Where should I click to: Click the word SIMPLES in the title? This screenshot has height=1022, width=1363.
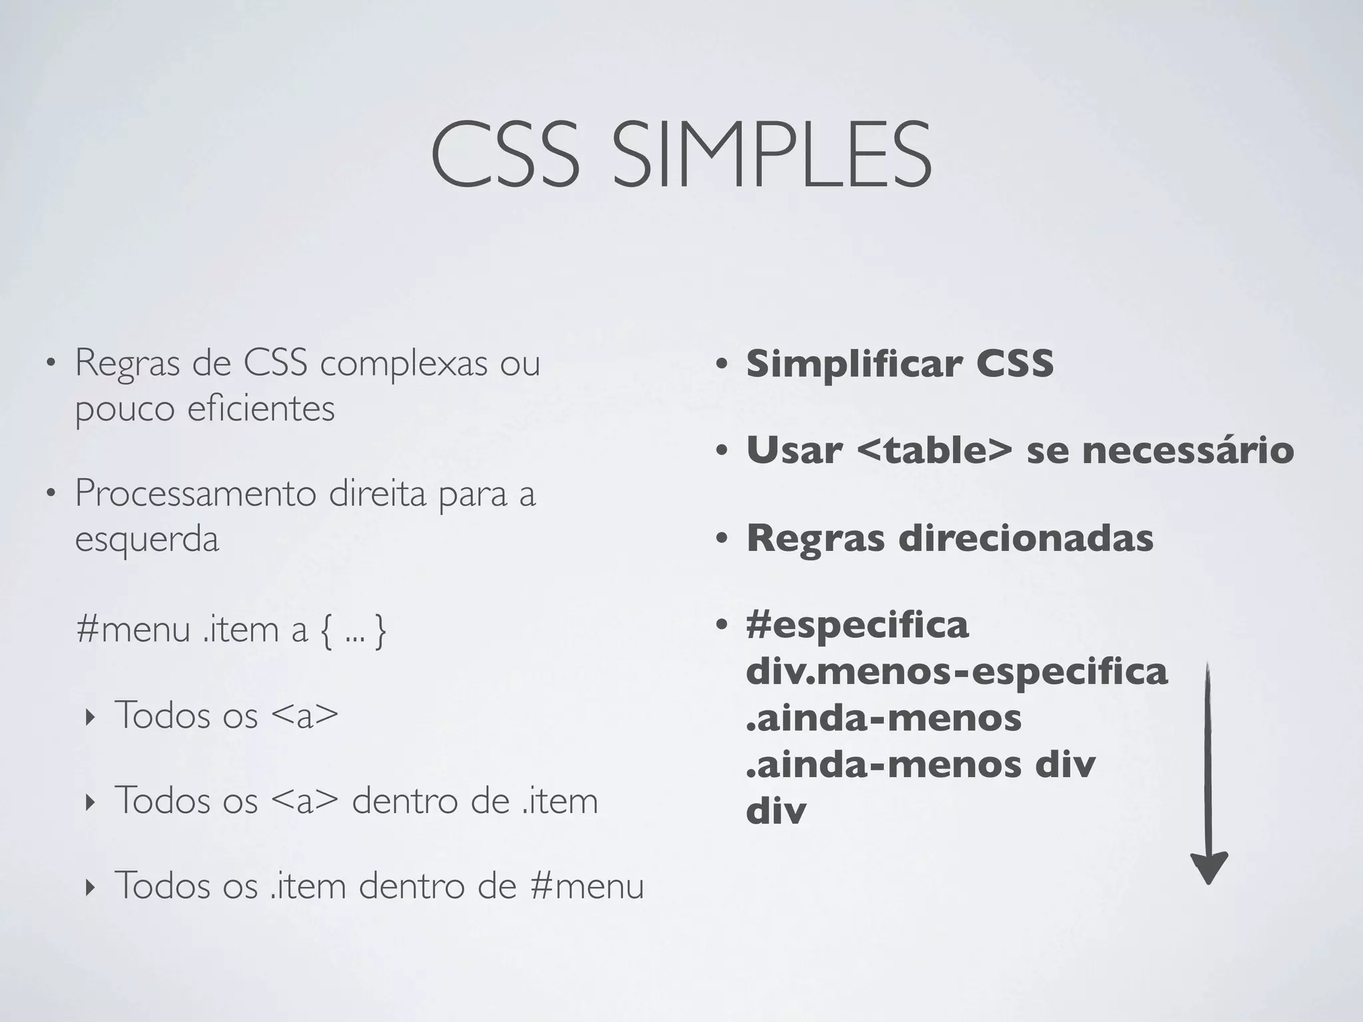point(771,154)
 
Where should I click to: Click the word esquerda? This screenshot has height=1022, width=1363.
point(147,538)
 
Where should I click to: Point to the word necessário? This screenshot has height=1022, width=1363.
point(1188,450)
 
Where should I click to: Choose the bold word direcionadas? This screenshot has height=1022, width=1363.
point(1026,538)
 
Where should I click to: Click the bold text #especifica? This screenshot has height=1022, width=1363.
point(857,625)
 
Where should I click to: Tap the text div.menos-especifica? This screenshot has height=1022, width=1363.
point(956,672)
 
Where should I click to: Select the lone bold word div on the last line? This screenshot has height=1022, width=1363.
point(776,812)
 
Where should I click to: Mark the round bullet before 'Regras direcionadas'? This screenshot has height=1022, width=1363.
point(720,538)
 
